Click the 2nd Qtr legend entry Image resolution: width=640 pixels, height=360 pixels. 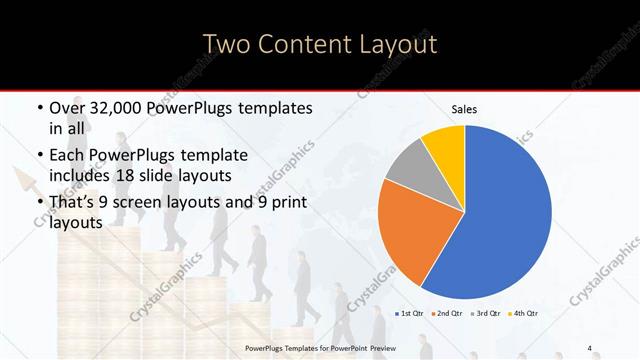pyautogui.click(x=447, y=313)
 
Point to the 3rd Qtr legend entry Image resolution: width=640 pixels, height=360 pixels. pyautogui.click(x=486, y=313)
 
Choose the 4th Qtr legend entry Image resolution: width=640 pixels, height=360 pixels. pyautogui.click(x=524, y=313)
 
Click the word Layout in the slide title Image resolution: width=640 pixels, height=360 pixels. pyautogui.click(x=391, y=44)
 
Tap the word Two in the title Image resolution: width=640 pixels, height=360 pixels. pyautogui.click(x=228, y=44)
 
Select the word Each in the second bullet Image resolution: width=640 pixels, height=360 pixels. pyautogui.click(x=67, y=156)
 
